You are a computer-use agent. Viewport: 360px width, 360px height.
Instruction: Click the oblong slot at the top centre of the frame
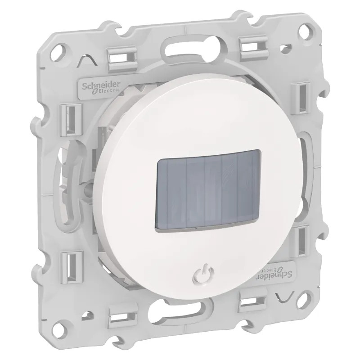(x=194, y=46)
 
